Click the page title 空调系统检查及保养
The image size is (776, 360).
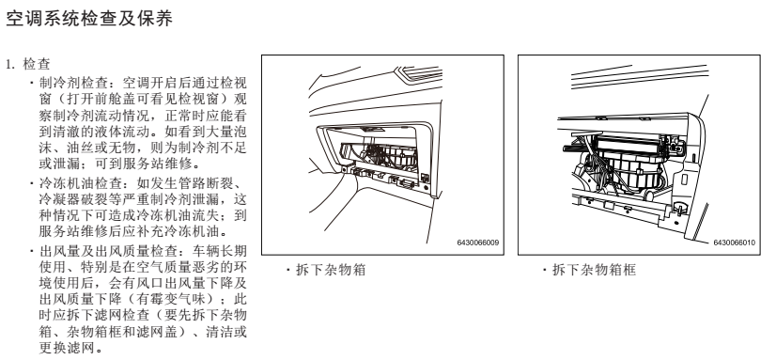tap(89, 18)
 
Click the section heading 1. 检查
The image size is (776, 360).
tap(28, 64)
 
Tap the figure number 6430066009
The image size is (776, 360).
tap(477, 243)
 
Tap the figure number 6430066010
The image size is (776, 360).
tap(734, 243)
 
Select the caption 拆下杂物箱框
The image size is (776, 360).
tap(594, 270)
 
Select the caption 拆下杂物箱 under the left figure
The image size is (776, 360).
tap(331, 270)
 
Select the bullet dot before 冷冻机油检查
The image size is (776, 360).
tap(32, 184)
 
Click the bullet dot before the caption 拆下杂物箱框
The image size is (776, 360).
tap(544, 271)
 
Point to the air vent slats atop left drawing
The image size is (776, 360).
tap(421, 74)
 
